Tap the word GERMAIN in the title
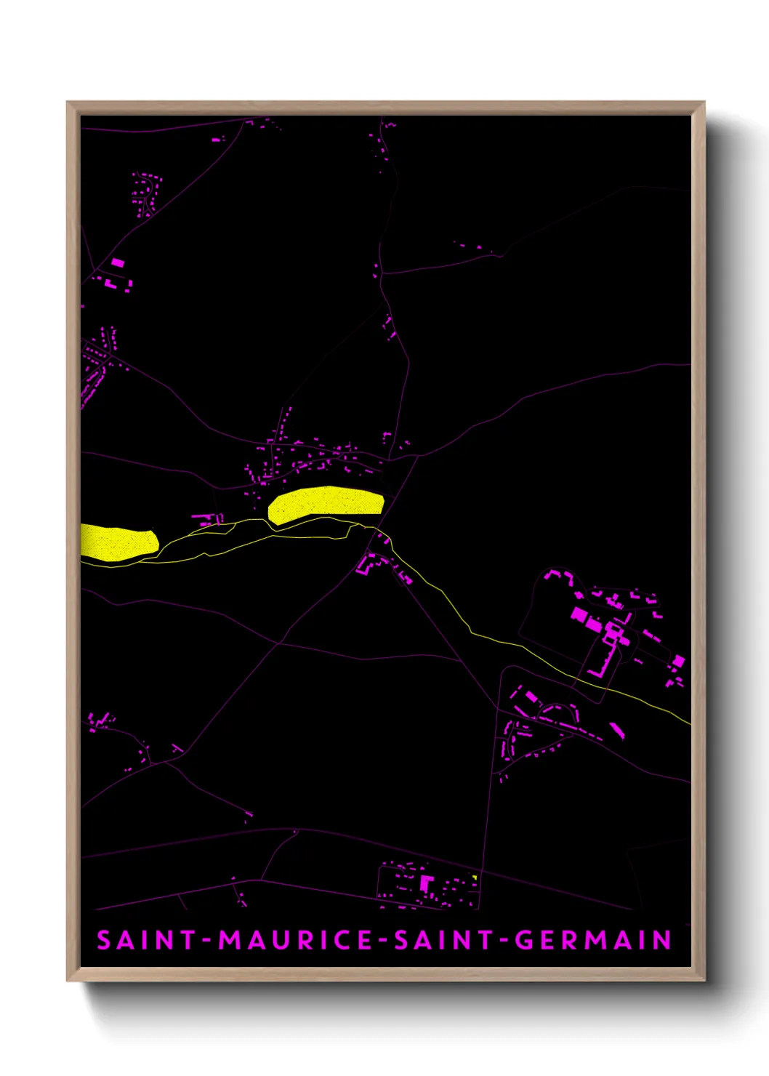[x=593, y=940]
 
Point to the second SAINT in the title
[x=443, y=940]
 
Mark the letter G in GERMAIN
[x=523, y=940]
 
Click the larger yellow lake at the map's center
[x=326, y=504]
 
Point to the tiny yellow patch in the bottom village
[x=474, y=878]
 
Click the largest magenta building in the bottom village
[x=427, y=884]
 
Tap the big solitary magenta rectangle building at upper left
[x=118, y=262]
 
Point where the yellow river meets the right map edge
[x=689, y=722]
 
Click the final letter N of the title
[x=661, y=940]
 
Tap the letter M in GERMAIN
[x=595, y=940]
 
